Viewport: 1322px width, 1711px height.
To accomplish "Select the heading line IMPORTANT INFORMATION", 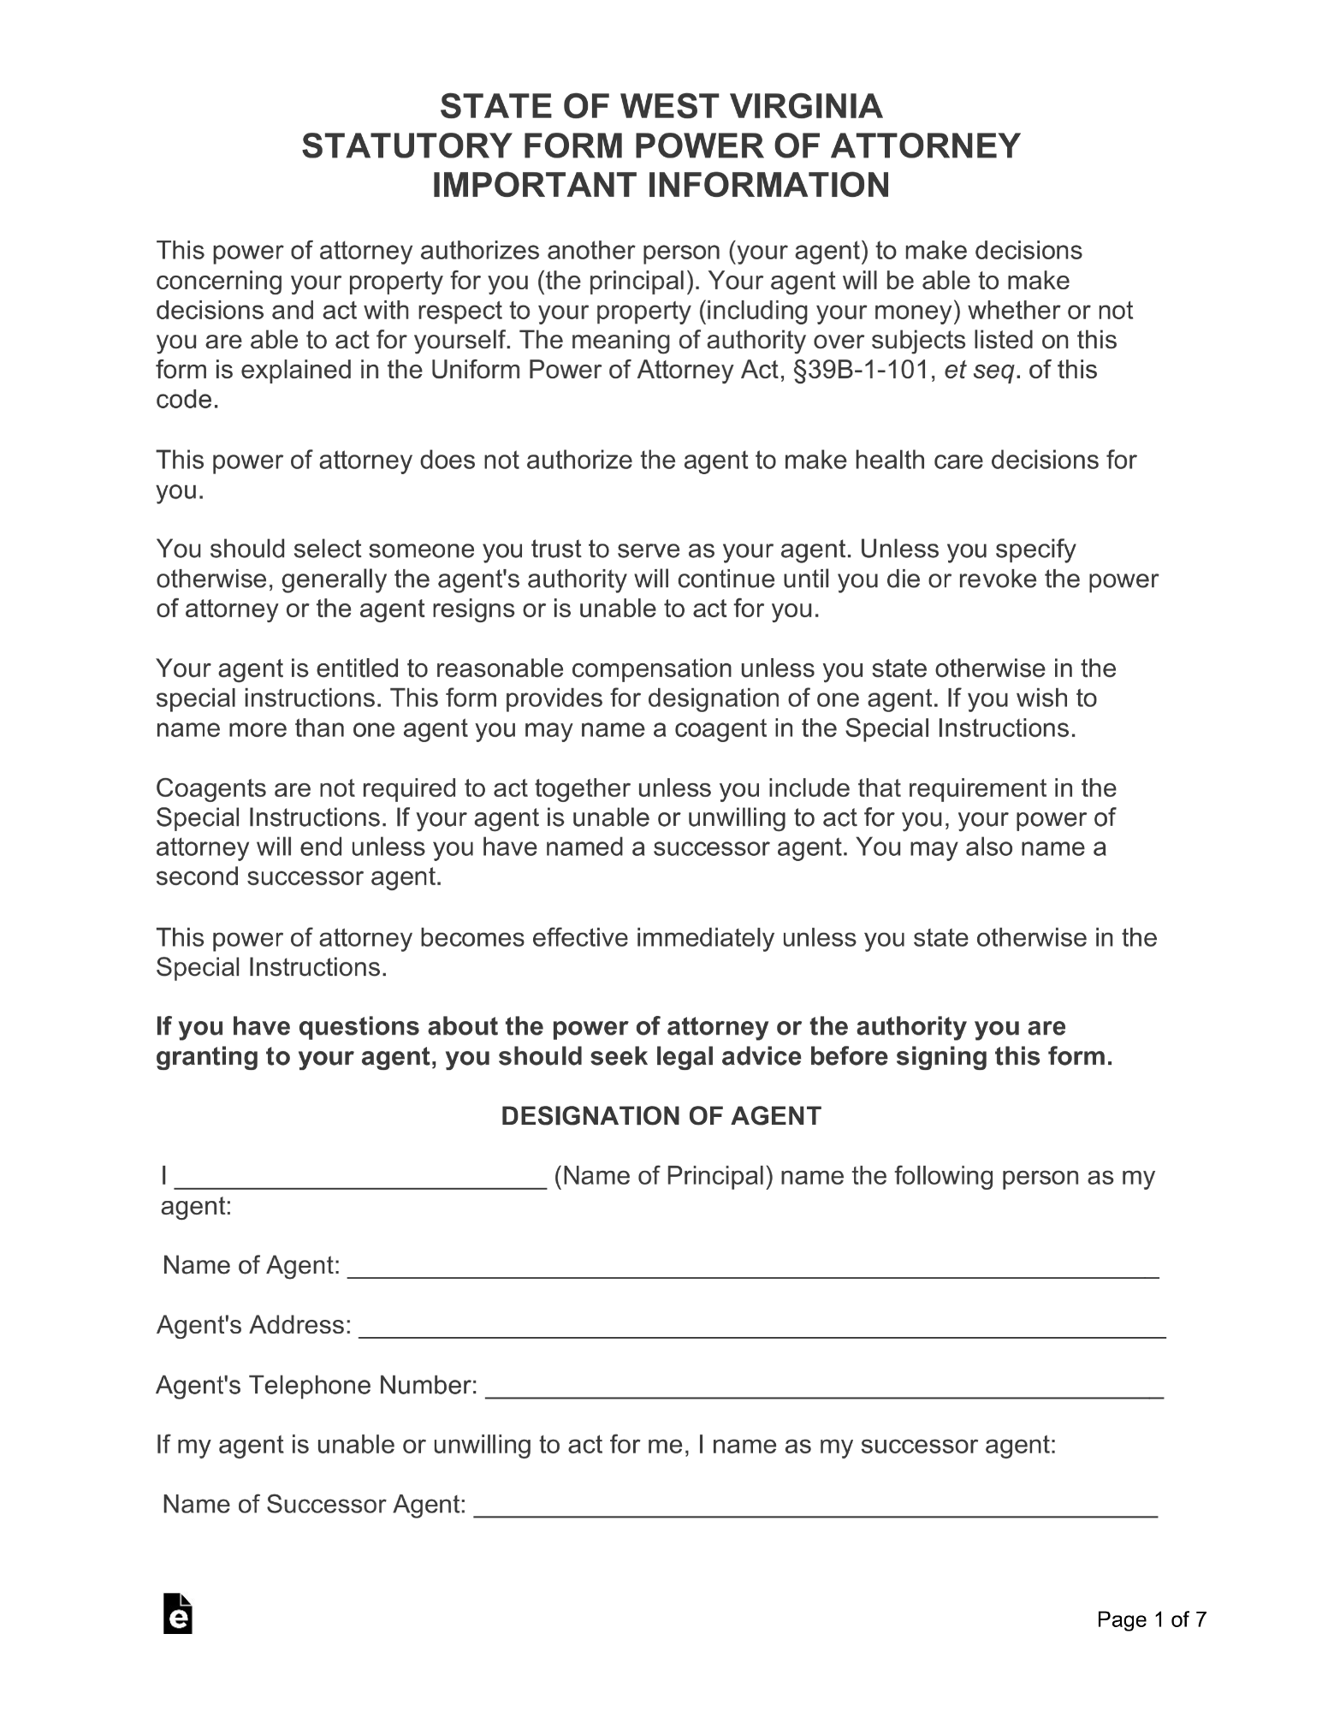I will pos(661,185).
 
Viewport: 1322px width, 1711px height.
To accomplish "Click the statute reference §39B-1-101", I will pos(862,371).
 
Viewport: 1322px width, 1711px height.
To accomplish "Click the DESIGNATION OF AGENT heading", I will pos(661,1115).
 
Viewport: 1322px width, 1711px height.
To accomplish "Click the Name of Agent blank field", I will pos(752,1268).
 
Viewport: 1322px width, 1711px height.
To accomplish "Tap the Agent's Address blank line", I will pos(762,1328).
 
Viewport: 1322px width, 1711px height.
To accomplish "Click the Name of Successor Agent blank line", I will pos(815,1506).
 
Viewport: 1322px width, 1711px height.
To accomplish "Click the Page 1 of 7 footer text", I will pos(1152,1619).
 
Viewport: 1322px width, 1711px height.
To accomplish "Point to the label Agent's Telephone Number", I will pos(317,1385).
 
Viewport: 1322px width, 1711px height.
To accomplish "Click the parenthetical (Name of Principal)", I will pos(663,1176).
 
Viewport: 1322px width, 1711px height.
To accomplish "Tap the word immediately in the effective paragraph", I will pos(702,937).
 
